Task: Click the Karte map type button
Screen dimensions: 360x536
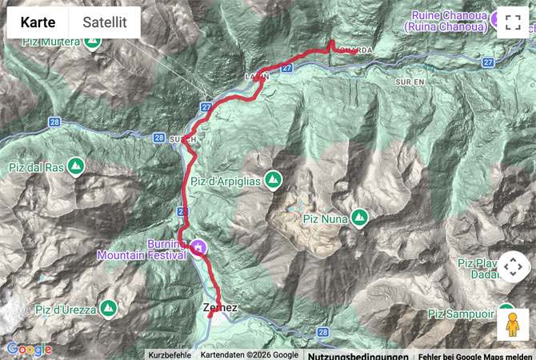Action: (x=38, y=23)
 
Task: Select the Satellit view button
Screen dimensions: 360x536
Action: (x=105, y=23)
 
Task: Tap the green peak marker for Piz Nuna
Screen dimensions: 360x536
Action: (x=359, y=216)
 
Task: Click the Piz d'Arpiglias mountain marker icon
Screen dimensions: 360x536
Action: (x=273, y=181)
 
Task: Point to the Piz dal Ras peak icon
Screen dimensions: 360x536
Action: (x=76, y=167)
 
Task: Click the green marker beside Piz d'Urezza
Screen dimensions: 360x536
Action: (x=109, y=308)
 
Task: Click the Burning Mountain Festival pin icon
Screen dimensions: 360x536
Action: (x=196, y=250)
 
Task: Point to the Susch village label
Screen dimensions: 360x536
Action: (x=182, y=138)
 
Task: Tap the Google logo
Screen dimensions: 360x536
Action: (x=29, y=350)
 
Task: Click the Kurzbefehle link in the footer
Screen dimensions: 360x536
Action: (x=169, y=355)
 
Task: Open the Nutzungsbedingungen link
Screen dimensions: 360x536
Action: (x=358, y=355)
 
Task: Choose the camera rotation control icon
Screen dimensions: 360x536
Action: (x=513, y=266)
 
